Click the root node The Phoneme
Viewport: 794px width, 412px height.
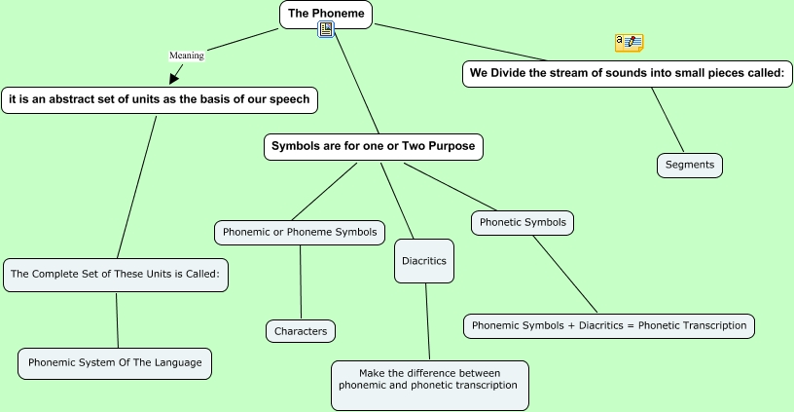click(326, 14)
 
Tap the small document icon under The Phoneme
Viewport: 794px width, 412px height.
click(326, 30)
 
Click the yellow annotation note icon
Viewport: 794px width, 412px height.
click(629, 42)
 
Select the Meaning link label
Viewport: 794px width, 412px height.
click(187, 56)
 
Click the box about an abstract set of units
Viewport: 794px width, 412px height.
click(160, 99)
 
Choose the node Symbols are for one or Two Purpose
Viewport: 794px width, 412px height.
click(374, 147)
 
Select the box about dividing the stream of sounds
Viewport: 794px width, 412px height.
click(628, 73)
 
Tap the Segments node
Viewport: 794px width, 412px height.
click(689, 165)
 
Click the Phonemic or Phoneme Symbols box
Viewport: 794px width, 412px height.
click(300, 232)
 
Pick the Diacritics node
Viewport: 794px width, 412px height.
click(424, 261)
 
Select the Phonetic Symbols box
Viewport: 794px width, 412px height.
click(523, 222)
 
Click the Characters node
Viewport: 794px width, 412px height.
click(301, 331)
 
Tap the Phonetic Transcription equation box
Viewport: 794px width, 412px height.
click(609, 325)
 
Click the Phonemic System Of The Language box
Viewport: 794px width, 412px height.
click(115, 363)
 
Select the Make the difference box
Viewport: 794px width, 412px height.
click(429, 380)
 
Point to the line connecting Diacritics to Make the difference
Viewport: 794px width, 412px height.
click(427, 321)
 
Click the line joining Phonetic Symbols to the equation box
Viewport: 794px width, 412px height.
click(564, 274)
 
